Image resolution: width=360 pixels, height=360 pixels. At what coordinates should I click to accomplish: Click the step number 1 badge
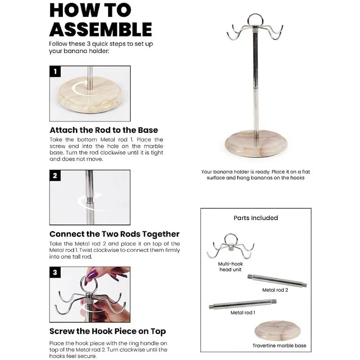click(55, 72)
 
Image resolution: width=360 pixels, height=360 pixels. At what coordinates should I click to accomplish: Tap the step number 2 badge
click(55, 175)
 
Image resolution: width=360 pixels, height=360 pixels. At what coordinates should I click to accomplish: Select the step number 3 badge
click(55, 273)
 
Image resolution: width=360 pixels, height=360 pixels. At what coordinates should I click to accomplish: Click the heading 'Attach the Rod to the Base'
click(104, 130)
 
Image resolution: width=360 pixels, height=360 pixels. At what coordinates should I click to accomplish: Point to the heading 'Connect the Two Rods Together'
click(114, 234)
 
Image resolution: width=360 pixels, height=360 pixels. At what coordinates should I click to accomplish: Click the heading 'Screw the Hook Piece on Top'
click(108, 331)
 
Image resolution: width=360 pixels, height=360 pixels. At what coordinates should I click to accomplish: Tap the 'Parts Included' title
click(256, 218)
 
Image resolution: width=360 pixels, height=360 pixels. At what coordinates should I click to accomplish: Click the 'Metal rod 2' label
click(275, 290)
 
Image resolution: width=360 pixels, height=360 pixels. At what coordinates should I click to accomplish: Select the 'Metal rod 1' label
click(243, 312)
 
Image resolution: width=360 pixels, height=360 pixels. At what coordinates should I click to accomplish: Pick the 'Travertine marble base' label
click(279, 346)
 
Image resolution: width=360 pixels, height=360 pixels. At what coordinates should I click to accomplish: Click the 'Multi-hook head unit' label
click(230, 267)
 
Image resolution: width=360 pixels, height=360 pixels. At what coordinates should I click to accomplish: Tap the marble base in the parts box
click(277, 331)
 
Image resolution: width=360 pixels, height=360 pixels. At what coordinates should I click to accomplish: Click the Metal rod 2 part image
click(277, 280)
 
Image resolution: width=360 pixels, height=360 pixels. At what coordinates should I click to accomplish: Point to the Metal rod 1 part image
click(243, 304)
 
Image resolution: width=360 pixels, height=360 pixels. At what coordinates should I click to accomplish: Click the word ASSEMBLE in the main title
click(100, 29)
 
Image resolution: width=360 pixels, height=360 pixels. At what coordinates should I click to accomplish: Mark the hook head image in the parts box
click(230, 246)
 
